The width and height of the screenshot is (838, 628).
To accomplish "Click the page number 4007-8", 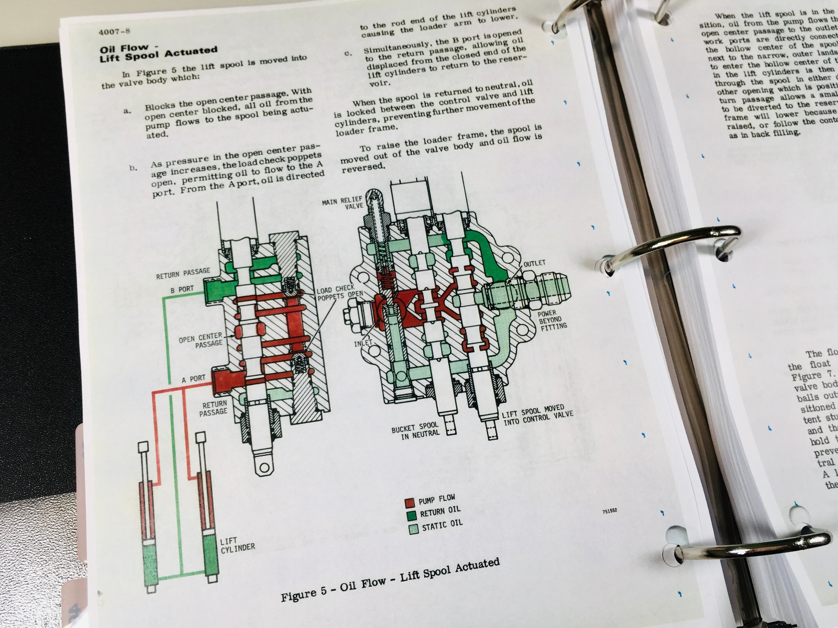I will pos(114,31).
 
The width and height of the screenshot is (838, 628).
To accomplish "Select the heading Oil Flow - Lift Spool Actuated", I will pos(158,52).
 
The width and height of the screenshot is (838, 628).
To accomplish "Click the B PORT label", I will pos(182,289).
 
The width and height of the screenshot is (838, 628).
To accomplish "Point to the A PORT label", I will pos(193,378).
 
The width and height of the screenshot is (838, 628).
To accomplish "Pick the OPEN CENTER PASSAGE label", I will pos(201,340).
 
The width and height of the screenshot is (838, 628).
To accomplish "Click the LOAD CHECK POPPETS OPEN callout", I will pos(339,293).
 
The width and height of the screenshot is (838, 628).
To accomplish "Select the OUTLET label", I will pos(534,263).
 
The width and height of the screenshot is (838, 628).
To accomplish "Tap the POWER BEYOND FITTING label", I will pos(552,319).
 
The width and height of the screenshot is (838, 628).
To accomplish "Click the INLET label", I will pos(362,343).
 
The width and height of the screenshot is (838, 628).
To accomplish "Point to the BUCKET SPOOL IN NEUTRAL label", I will pos(415,431).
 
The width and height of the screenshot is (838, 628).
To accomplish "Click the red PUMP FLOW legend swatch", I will pos(410,502).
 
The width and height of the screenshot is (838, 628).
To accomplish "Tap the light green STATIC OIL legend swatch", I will pos(413,529).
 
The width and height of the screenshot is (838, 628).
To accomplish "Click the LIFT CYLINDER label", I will pos(237,545).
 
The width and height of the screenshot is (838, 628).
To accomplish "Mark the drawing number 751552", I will pos(609,510).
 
